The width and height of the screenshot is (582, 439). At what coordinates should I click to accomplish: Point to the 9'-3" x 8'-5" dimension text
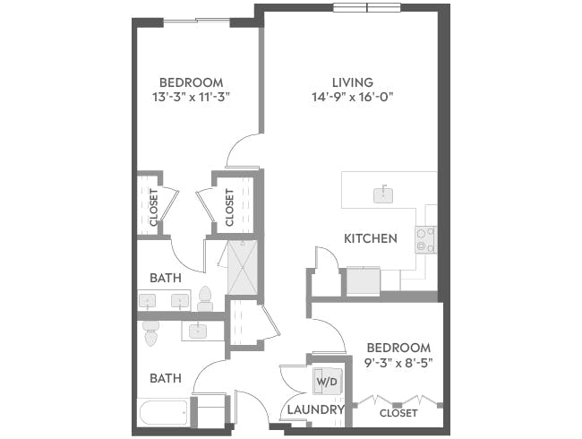[398, 365]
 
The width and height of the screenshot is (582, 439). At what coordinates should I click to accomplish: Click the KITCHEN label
[371, 239]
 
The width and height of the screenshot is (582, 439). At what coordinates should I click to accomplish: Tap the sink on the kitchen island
[383, 193]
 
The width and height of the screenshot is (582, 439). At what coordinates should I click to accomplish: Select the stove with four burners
[424, 239]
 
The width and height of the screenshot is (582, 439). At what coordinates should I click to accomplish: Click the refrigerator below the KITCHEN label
[362, 281]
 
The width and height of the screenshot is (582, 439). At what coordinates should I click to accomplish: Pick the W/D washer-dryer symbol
[325, 382]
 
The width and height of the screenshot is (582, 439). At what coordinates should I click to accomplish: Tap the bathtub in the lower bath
[163, 414]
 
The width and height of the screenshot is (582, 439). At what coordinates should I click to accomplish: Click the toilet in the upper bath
[205, 298]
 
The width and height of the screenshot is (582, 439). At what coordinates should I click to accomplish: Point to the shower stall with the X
[242, 266]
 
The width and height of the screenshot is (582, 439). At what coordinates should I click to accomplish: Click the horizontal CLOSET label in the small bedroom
[398, 414]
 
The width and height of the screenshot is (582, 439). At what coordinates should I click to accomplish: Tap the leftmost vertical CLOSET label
[153, 207]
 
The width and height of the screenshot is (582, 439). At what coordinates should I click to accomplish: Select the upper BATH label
[166, 279]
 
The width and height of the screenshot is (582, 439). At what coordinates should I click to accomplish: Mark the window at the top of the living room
[366, 9]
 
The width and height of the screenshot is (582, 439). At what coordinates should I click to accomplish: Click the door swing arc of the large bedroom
[242, 152]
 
